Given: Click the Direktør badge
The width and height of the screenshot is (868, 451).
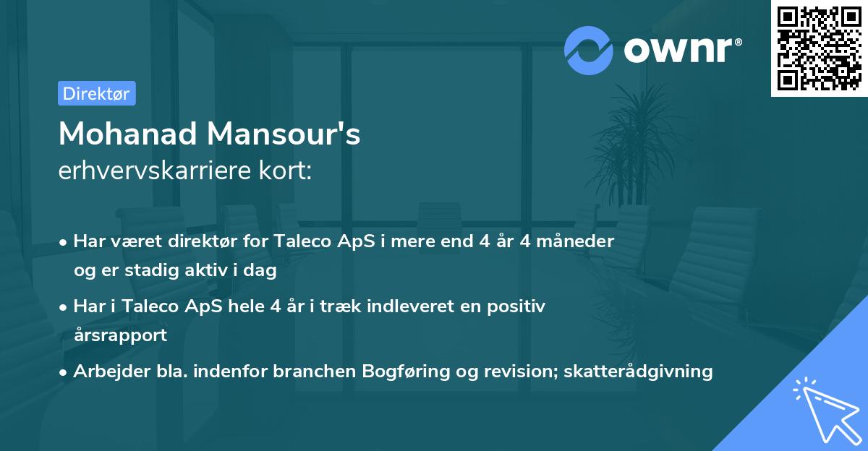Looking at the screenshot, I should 96,93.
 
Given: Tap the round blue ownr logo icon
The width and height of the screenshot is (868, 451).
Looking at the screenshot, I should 589,50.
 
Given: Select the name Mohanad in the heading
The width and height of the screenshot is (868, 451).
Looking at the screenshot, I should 127,134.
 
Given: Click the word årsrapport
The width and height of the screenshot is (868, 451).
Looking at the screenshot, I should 120,335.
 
